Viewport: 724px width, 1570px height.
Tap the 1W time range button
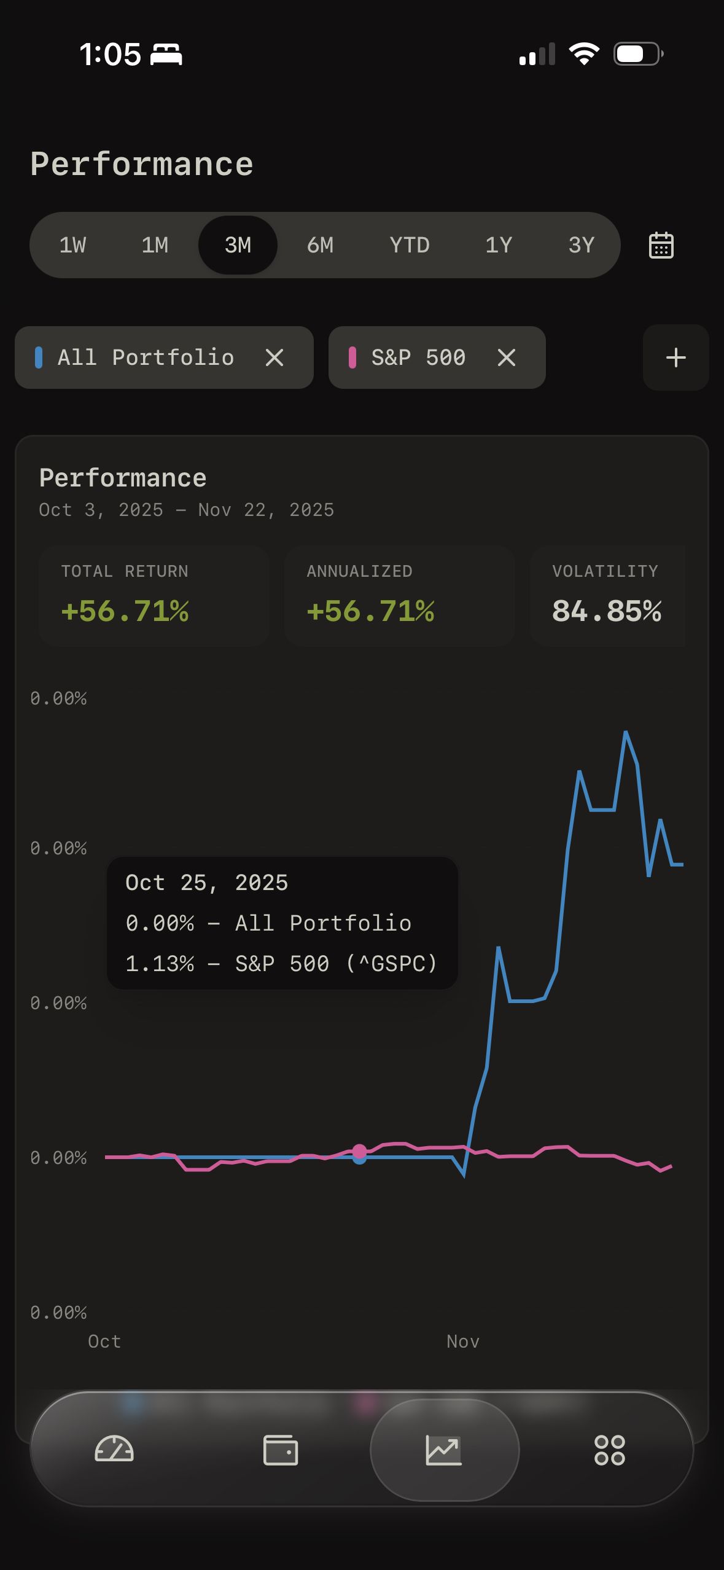(x=72, y=245)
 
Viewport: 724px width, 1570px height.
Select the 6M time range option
(x=320, y=245)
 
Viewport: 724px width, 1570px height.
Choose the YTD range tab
(x=409, y=245)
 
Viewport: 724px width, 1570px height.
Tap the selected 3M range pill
(x=238, y=245)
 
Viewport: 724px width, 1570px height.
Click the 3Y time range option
(x=581, y=245)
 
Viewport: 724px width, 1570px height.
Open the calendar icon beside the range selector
(x=661, y=245)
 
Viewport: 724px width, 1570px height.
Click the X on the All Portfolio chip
(x=274, y=357)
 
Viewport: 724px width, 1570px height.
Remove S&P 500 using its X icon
(x=506, y=357)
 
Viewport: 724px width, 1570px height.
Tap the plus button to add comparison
(x=675, y=357)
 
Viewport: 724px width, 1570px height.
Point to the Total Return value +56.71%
(x=125, y=611)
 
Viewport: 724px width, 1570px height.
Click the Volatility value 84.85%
(x=607, y=611)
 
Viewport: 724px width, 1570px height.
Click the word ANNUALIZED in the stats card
(x=359, y=571)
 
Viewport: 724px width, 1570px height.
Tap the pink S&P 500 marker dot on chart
(x=360, y=1150)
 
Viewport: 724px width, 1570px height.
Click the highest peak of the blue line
(x=626, y=732)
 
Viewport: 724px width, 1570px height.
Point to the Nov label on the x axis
(x=462, y=1342)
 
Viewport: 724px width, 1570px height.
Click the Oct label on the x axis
(x=104, y=1342)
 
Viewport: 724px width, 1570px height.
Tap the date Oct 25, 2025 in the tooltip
(x=206, y=883)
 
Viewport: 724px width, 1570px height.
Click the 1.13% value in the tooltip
(x=160, y=964)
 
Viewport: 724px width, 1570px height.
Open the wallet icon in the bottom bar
(x=281, y=1450)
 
